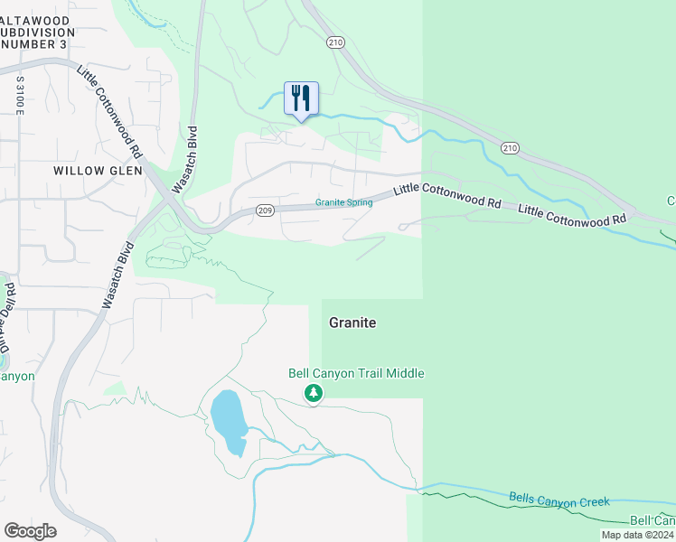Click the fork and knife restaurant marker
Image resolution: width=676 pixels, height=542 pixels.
(x=301, y=98)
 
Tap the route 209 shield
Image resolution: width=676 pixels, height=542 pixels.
(x=264, y=210)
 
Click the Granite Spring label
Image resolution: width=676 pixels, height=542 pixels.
(x=343, y=202)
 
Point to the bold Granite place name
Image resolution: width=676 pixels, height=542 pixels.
(x=352, y=322)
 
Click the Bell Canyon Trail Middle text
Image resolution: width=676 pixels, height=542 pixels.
(x=356, y=373)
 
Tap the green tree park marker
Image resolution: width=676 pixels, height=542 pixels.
(x=314, y=393)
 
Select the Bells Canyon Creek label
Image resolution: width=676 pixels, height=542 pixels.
(x=559, y=500)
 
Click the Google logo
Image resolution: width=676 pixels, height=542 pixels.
(x=30, y=531)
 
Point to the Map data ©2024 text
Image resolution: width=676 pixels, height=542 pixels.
(x=637, y=535)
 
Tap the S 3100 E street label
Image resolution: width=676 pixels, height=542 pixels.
(x=18, y=95)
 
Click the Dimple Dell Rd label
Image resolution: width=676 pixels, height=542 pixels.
(x=10, y=315)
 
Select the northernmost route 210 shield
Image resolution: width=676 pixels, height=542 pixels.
(x=336, y=42)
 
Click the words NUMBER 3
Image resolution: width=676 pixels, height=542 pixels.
(x=39, y=42)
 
